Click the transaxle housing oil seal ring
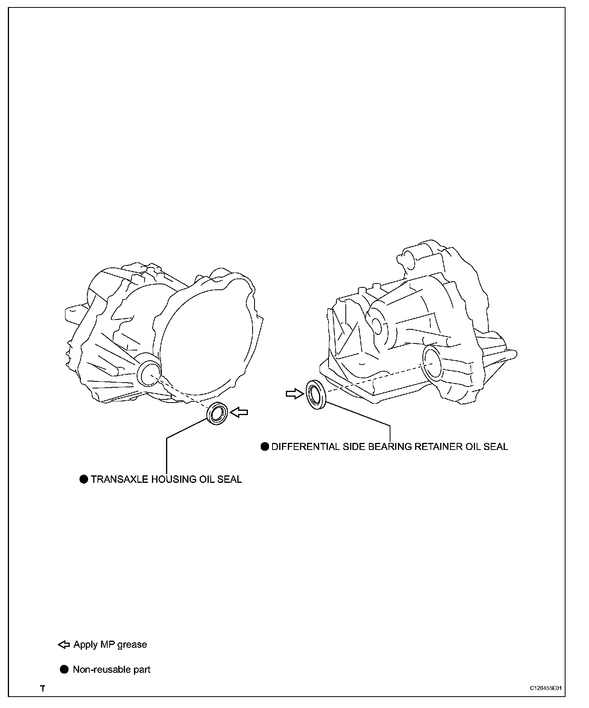pos(217,413)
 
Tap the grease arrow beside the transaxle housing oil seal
pos(239,412)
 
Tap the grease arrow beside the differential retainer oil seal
pos(295,393)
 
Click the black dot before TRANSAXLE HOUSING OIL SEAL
pos(84,479)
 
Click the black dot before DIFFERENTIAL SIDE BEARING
pos(265,446)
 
